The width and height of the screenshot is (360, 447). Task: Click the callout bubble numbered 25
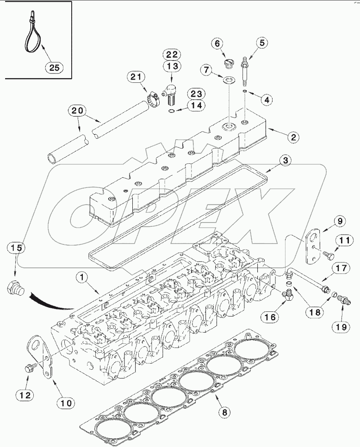coord(55,68)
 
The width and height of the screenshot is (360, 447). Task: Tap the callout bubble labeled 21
coord(137,77)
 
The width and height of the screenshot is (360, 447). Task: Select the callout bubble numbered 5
coord(261,43)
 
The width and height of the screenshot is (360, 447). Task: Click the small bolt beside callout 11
coord(329,254)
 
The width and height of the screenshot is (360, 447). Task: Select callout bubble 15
coord(16,248)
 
